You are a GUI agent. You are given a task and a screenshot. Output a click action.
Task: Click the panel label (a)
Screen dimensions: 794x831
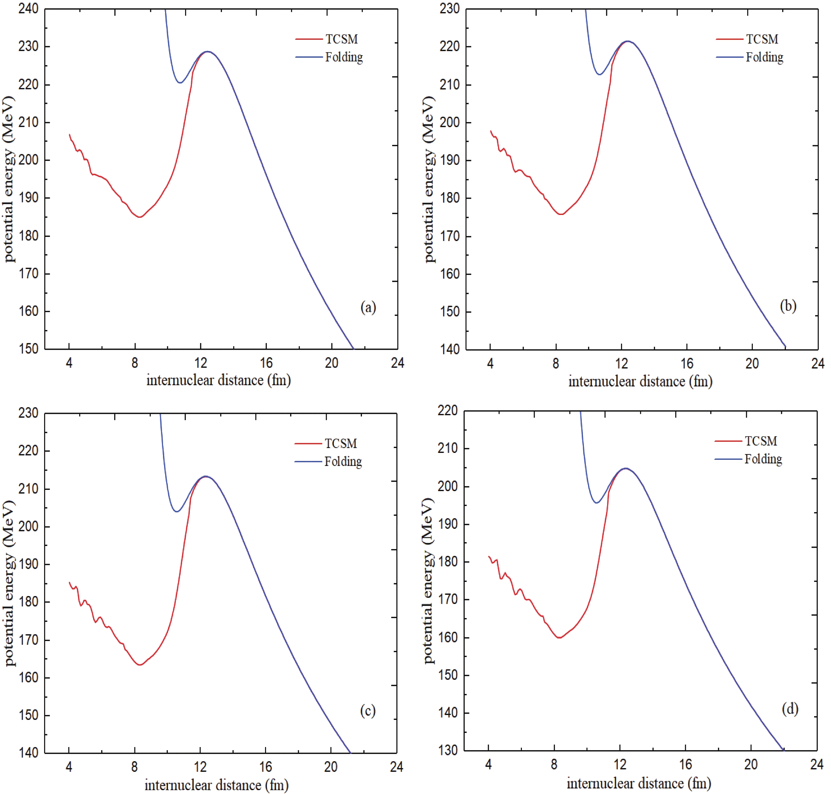click(368, 307)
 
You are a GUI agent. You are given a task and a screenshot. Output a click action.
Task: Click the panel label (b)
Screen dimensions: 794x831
click(788, 306)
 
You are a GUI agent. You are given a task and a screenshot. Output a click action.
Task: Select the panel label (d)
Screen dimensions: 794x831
click(789, 709)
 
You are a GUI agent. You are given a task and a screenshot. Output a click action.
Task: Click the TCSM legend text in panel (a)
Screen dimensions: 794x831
click(341, 39)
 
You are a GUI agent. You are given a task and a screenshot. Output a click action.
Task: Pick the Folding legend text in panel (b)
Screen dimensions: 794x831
click(764, 57)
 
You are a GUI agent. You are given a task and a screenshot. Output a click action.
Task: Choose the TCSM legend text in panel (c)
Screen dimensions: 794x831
click(341, 444)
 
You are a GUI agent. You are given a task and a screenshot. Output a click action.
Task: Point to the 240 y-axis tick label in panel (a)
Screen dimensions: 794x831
click(28, 8)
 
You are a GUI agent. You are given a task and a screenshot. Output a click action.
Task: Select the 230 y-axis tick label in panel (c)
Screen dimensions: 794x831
click(28, 413)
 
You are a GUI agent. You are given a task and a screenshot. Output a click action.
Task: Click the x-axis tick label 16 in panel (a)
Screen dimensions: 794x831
click(266, 363)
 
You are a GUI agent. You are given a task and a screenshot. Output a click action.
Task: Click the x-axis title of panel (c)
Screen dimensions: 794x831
click(216, 785)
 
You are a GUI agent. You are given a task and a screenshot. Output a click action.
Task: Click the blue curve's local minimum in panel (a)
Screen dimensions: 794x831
click(180, 83)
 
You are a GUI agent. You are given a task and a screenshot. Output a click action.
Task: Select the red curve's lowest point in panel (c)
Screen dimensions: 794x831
click(140, 664)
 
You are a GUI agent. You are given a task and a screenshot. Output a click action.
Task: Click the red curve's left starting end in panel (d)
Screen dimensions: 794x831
click(489, 557)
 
